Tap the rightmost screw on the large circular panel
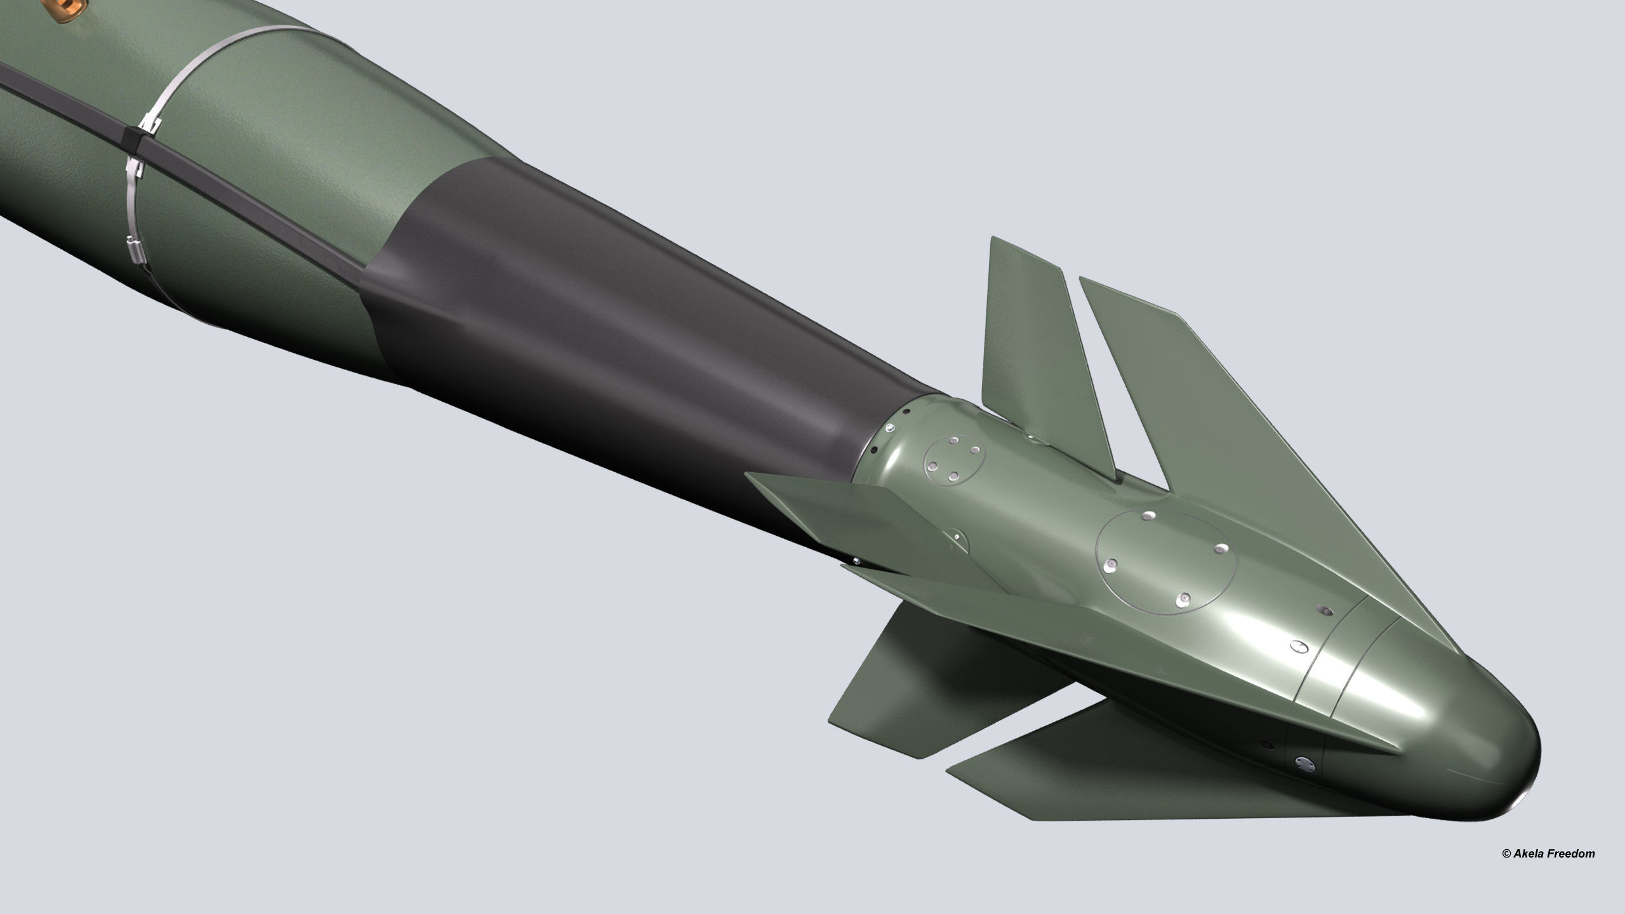tap(1219, 547)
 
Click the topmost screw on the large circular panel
tap(1149, 515)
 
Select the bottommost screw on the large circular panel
tap(1183, 599)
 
